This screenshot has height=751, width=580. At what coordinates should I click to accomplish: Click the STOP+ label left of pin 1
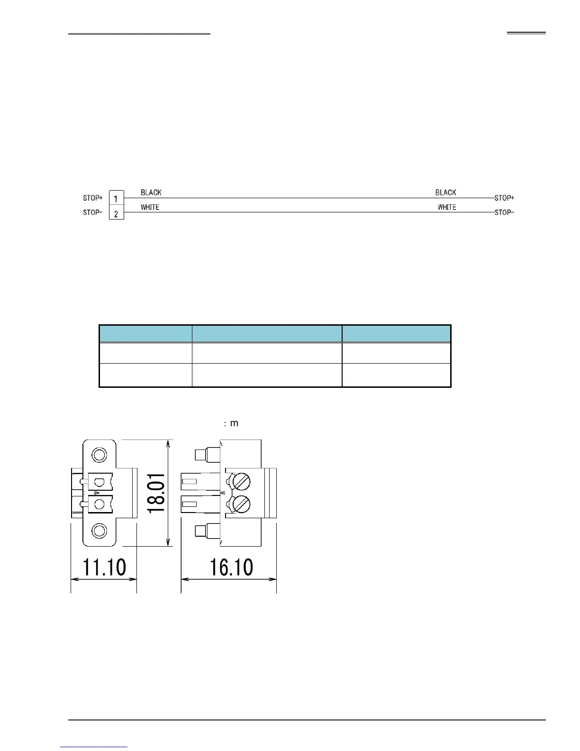92,198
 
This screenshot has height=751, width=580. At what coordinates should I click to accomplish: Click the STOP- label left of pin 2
92,212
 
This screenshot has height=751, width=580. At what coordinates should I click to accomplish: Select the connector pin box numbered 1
117,198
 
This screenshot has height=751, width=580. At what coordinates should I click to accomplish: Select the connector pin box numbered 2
117,212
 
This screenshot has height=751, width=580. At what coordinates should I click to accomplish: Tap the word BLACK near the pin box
151,192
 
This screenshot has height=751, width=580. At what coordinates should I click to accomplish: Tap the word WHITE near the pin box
150,207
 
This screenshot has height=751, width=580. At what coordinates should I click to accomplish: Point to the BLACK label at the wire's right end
445,192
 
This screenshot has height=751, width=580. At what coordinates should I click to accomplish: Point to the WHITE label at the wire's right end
447,207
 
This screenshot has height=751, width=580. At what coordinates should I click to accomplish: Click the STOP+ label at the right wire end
504,198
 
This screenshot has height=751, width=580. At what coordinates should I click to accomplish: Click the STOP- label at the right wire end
504,212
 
